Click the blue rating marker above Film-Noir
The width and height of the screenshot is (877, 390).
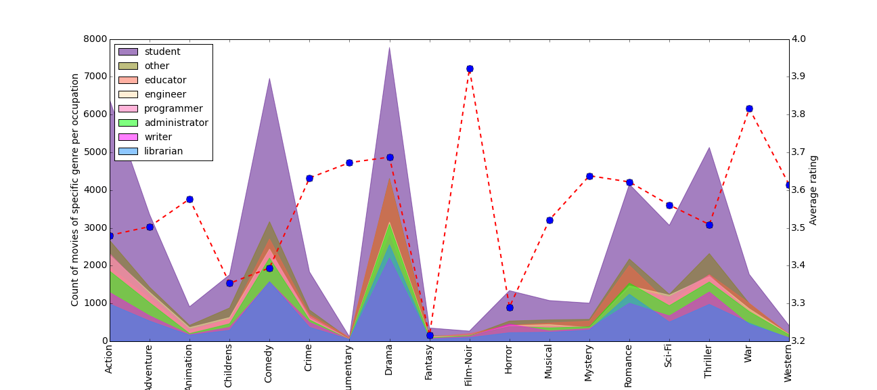click(x=470, y=68)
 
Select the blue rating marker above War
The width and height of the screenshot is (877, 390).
click(x=749, y=108)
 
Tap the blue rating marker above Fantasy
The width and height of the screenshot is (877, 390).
click(x=430, y=335)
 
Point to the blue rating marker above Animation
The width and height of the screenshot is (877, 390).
click(x=189, y=199)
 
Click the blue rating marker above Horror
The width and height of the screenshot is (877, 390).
click(x=510, y=307)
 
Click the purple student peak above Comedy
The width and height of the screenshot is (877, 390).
click(x=269, y=79)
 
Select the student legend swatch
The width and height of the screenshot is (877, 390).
click(x=128, y=51)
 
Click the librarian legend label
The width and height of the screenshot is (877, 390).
click(x=164, y=151)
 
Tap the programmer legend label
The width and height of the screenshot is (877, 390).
click(x=173, y=108)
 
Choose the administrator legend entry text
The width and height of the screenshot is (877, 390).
click(x=176, y=123)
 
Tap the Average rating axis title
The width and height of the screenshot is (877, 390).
click(x=813, y=190)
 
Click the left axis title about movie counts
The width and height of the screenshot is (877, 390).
click(x=75, y=190)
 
